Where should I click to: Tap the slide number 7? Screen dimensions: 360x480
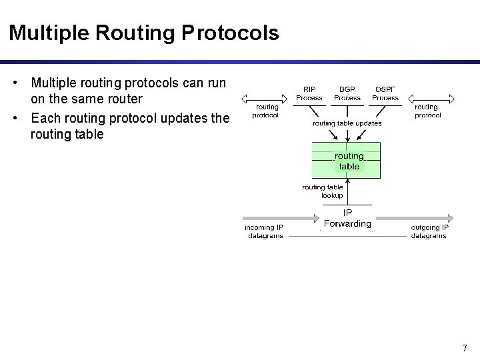coord(464,347)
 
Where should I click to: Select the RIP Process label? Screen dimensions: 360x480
coord(309,93)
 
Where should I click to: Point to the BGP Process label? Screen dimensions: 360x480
coord(347,93)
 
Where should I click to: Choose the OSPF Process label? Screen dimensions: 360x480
coord(385,93)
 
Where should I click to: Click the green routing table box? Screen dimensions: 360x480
coord(347,160)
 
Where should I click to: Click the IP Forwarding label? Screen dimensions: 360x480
coord(347,218)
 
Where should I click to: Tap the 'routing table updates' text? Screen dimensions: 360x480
coord(347,123)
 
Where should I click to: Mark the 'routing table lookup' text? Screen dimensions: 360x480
coord(323,191)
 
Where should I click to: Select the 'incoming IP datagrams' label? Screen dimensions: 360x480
coord(264,231)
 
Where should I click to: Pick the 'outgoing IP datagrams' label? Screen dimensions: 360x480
coord(429,231)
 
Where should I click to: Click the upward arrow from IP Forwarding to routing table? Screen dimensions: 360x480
coord(349,192)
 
